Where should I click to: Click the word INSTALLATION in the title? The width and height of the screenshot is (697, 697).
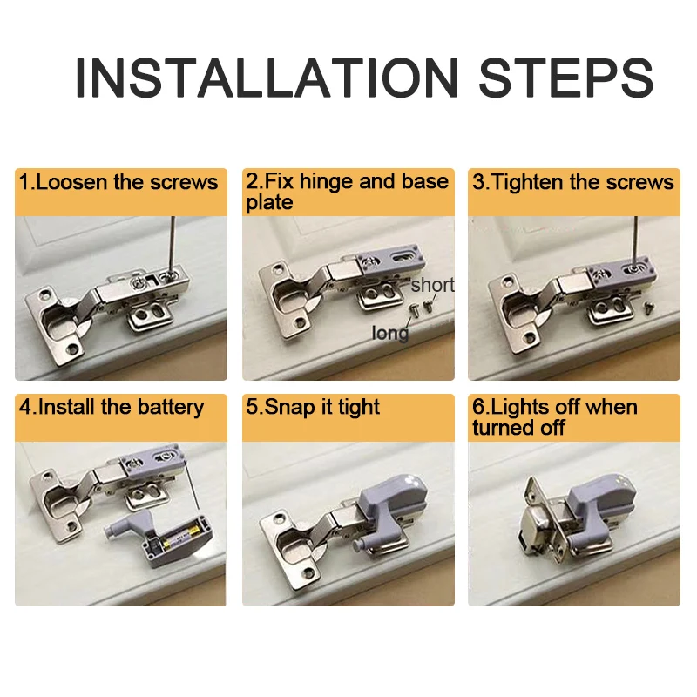267,78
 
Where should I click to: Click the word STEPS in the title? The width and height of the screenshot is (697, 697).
565,78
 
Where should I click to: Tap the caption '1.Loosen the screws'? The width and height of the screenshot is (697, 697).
118,182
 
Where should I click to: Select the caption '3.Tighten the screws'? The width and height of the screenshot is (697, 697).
573,182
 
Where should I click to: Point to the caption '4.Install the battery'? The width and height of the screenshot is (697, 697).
112,408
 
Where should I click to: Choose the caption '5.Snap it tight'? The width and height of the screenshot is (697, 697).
313,408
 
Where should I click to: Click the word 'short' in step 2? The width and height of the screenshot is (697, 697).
432,285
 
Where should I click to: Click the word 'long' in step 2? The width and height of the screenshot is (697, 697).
390,334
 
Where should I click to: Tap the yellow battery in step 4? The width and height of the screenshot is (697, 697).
180,538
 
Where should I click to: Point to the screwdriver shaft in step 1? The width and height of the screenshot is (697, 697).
172,246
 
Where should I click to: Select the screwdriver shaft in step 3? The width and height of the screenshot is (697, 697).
636,242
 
